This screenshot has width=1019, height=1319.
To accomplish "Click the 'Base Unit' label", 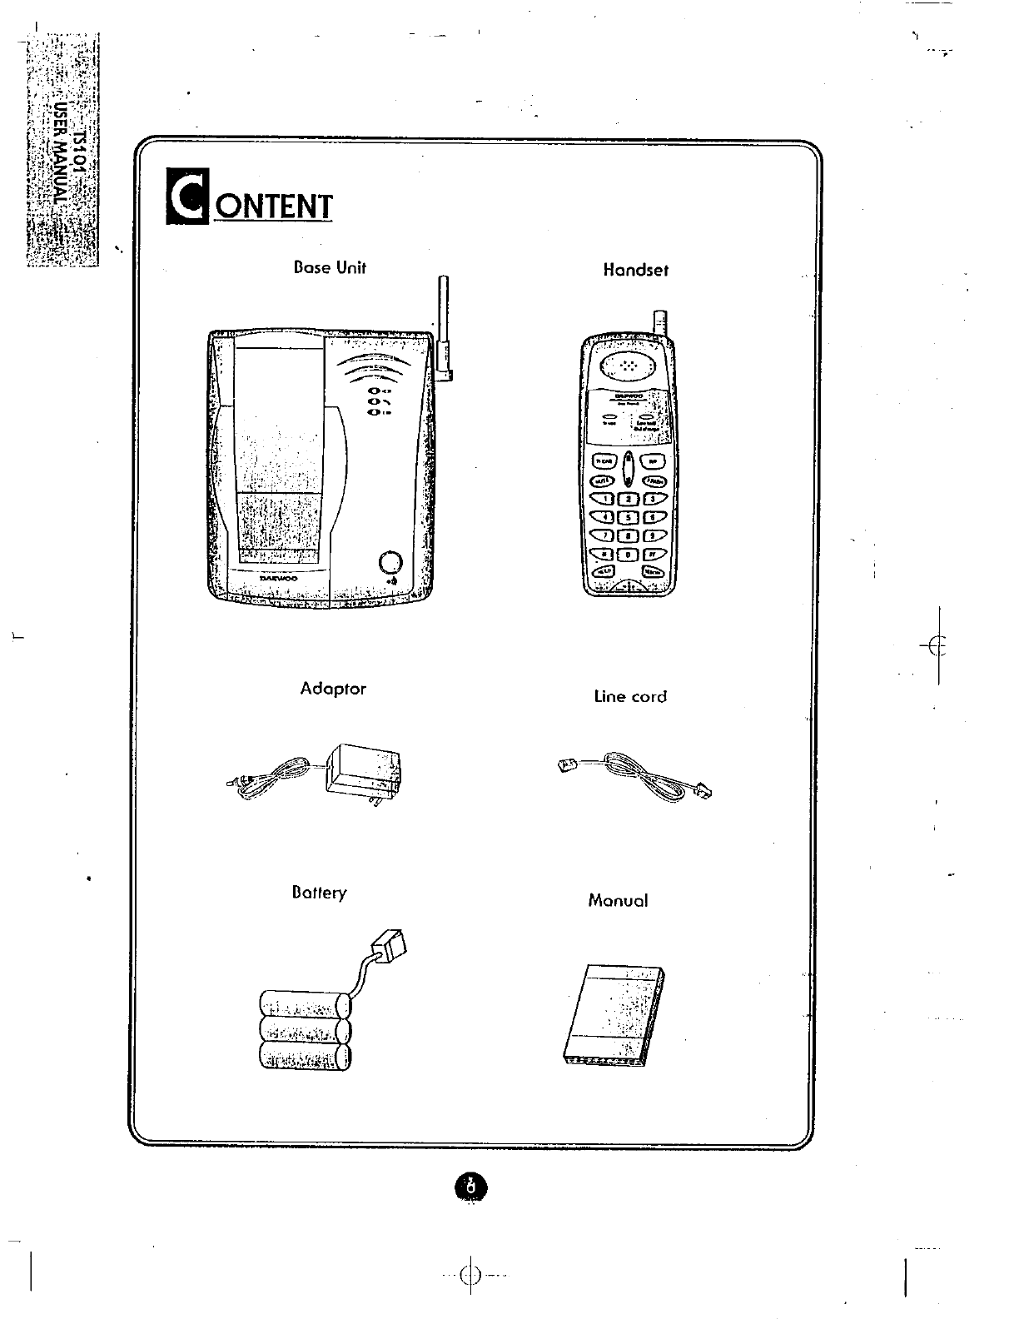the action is [330, 268].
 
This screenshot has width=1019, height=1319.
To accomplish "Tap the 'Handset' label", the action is [635, 270].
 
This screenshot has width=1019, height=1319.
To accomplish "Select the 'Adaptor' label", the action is [332, 689].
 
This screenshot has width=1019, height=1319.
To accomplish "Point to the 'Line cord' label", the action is [630, 696].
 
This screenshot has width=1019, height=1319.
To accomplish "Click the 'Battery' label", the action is [319, 893].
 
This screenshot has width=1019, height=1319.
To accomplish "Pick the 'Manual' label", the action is [617, 900].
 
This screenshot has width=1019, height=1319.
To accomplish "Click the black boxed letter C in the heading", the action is [187, 197].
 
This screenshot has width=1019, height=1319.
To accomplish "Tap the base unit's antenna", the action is [444, 325].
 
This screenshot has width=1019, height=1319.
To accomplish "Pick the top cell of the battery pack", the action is [304, 1003].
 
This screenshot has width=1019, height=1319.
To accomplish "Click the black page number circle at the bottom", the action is [470, 1186].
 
